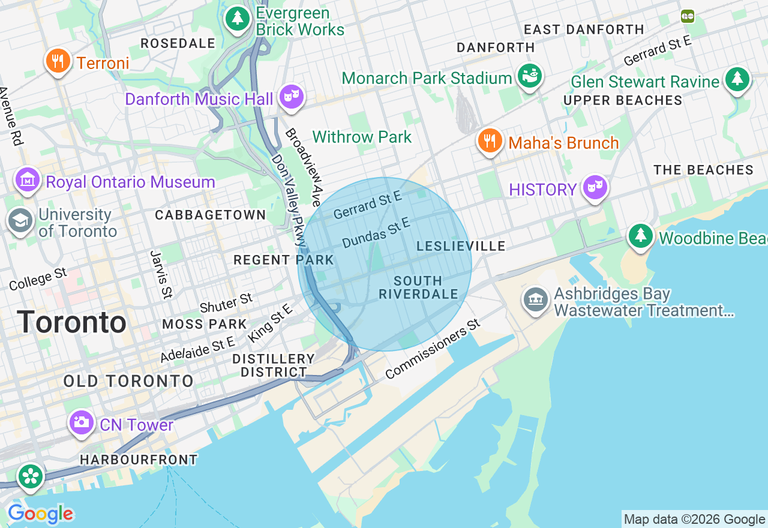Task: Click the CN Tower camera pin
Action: click(81, 422)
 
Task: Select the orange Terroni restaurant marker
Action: click(58, 61)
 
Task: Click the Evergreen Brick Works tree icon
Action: click(238, 18)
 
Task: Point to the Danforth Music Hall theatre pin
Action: click(291, 96)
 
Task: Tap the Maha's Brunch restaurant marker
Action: click(490, 140)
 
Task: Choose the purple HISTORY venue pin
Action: click(594, 188)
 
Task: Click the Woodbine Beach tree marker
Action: click(641, 236)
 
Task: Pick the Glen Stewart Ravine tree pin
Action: click(737, 79)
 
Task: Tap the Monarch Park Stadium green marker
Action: click(530, 76)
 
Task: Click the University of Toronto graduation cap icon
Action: click(20, 220)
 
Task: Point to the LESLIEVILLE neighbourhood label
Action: click(461, 246)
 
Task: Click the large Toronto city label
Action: click(71, 322)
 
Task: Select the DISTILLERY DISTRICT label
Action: click(274, 365)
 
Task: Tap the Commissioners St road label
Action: click(433, 350)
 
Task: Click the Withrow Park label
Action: click(362, 137)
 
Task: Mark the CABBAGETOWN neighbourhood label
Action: click(210, 215)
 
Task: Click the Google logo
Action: click(40, 514)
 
